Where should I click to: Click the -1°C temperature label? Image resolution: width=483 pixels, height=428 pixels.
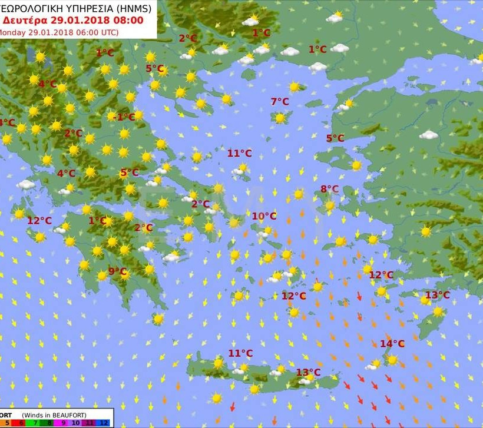pyautogui.click(x=124, y=117)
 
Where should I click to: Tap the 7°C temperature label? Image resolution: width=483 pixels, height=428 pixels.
pyautogui.click(x=280, y=102)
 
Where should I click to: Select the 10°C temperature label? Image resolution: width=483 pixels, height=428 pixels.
pyautogui.click(x=264, y=216)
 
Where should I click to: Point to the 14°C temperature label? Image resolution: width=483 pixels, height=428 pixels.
pyautogui.click(x=392, y=344)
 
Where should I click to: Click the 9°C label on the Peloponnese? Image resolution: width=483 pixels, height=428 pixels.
pyautogui.click(x=118, y=271)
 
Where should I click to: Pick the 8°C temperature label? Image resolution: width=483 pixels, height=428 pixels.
pyautogui.click(x=329, y=189)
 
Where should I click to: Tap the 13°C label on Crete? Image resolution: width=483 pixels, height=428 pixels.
pyautogui.click(x=308, y=372)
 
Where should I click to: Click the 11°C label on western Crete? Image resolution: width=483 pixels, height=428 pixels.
pyautogui.click(x=240, y=353)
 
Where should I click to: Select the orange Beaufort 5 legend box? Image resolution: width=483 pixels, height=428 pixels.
pyautogui.click(x=7, y=423)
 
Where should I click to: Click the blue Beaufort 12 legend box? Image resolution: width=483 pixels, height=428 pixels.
pyautogui.click(x=104, y=423)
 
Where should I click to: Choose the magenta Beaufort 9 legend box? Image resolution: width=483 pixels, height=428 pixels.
pyautogui.click(x=63, y=423)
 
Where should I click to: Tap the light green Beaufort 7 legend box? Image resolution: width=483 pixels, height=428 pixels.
pyautogui.click(x=35, y=423)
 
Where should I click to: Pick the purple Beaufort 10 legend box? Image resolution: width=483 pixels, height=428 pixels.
pyautogui.click(x=77, y=423)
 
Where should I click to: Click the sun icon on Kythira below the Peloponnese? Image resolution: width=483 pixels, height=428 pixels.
pyautogui.click(x=158, y=319)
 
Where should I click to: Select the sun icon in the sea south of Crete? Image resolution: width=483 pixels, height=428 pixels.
pyautogui.click(x=217, y=399)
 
